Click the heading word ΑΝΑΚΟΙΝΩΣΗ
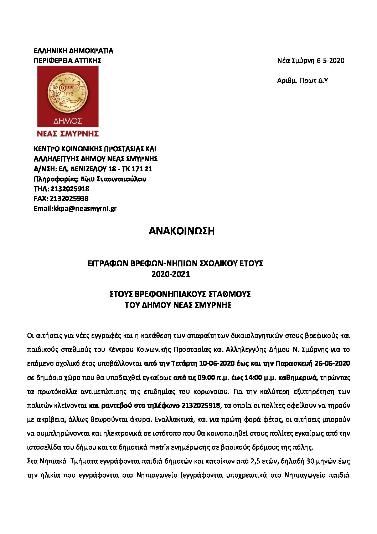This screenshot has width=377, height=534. [x=181, y=231]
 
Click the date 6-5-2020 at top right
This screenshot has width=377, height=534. [x=330, y=61]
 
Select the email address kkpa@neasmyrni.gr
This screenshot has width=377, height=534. [x=85, y=209]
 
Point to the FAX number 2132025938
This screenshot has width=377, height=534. [x=69, y=199]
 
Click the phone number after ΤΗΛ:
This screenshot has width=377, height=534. [x=70, y=189]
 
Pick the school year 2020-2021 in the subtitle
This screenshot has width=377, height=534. [x=171, y=274]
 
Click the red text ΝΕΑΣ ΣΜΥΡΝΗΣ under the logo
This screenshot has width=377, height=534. [x=68, y=134]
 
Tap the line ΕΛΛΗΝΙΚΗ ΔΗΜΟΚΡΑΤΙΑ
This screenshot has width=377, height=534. [x=73, y=51]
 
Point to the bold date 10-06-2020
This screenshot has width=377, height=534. [x=217, y=363]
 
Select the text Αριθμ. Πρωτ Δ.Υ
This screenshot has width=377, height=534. [x=302, y=81]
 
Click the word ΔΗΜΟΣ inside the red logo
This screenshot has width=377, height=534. [x=68, y=121]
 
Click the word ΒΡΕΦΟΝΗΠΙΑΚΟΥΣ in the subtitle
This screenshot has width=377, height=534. [x=167, y=294]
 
